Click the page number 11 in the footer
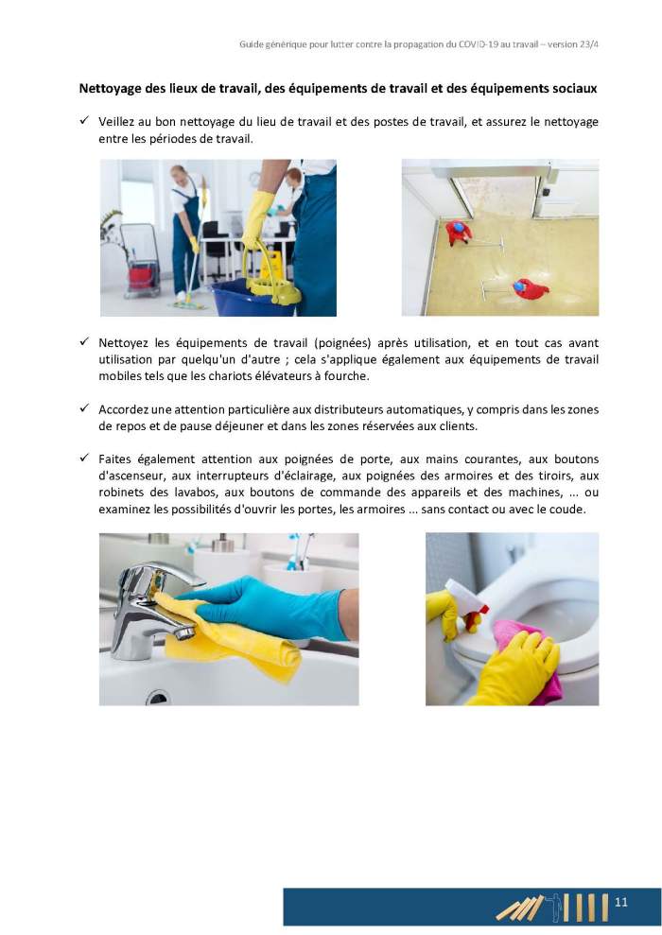pos(620,902)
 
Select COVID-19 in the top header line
pos(479,44)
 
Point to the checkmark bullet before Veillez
pos(84,120)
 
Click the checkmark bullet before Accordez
pos(84,408)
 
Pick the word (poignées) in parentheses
pos(343,343)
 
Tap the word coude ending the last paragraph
pos(570,510)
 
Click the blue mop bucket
pos(253,298)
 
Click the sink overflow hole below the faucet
pos(158,697)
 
